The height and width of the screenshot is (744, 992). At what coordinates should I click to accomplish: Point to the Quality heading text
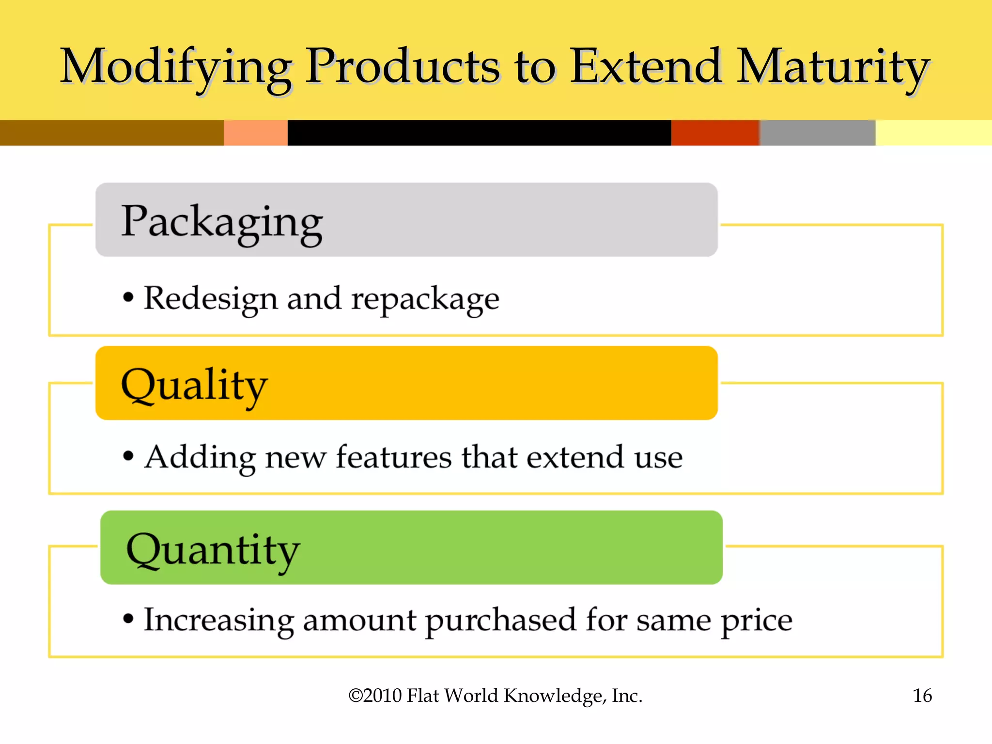(194, 386)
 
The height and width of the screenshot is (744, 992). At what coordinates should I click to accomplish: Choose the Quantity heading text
(213, 550)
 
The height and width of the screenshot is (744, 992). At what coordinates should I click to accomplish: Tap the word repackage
(425, 299)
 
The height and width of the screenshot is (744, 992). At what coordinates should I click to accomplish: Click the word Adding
(200, 458)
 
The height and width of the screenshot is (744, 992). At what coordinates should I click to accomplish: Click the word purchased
(501, 621)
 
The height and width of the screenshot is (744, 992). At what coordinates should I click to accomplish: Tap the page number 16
(922, 696)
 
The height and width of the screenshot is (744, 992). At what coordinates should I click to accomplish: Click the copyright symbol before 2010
(356, 696)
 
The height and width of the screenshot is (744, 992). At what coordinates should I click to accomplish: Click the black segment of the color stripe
(479, 133)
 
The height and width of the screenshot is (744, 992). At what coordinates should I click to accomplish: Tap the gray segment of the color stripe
(817, 133)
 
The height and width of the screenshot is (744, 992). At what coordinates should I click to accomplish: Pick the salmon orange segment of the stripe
(255, 133)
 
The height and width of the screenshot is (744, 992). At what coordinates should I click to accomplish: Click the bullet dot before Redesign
(128, 297)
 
